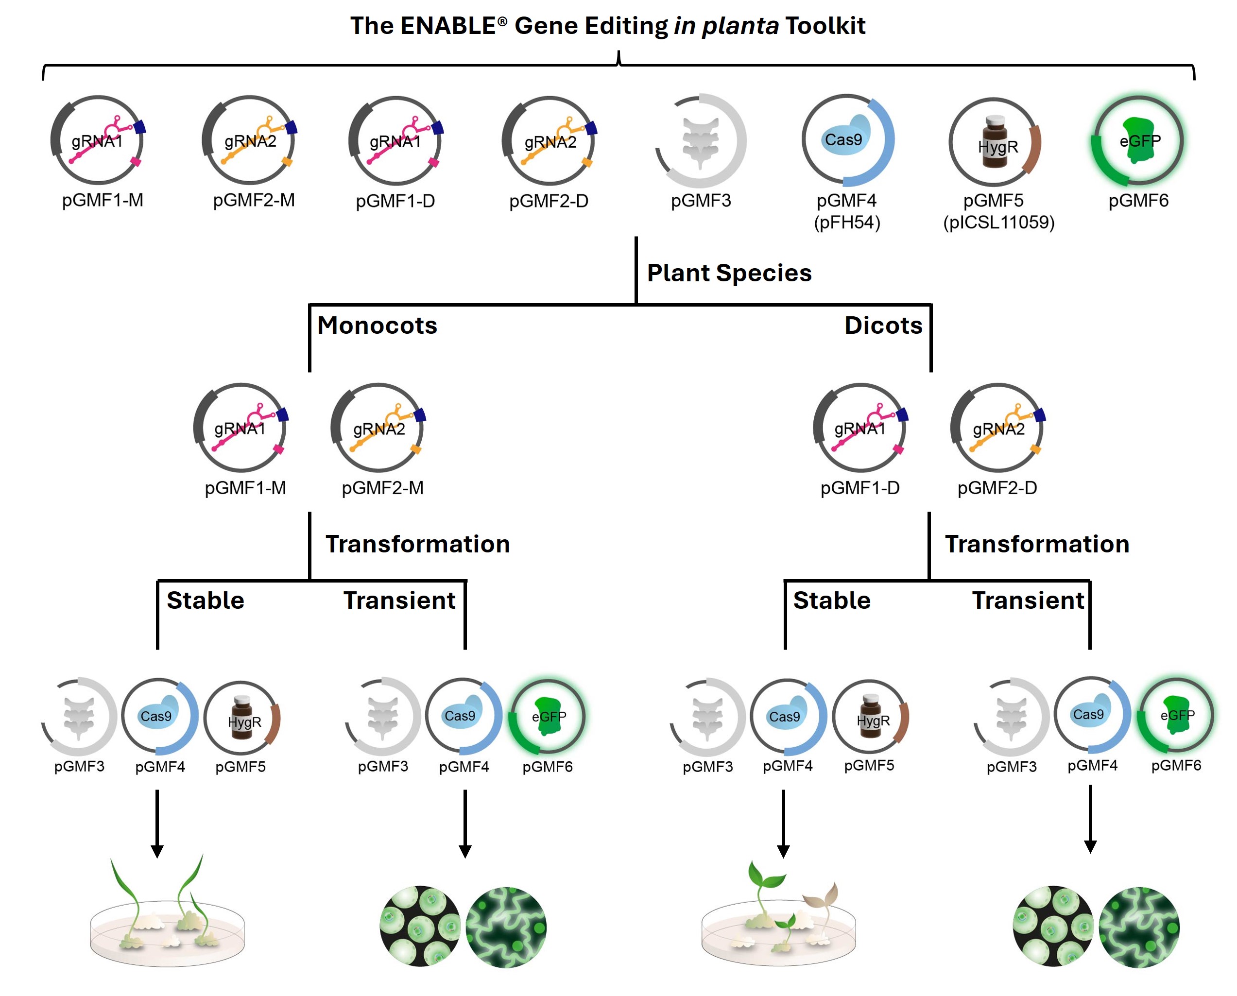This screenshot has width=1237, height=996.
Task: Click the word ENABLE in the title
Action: [447, 26]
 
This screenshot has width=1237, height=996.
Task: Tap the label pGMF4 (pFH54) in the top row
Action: [846, 211]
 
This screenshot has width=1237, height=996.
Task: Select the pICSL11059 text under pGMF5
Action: [998, 222]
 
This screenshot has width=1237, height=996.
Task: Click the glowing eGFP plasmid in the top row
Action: [1138, 140]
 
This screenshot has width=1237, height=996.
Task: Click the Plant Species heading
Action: [729, 273]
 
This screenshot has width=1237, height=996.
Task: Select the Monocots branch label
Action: [377, 326]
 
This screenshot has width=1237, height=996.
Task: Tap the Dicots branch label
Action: [883, 326]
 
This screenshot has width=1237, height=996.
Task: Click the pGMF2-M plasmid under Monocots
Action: [378, 428]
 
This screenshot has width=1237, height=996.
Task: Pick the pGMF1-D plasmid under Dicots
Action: [859, 428]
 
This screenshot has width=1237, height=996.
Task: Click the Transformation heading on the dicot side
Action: [1037, 544]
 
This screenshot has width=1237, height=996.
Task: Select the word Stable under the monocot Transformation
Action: [206, 600]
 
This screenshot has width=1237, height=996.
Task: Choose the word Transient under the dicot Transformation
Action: [1028, 600]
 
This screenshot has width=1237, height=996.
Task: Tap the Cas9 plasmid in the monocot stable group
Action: [159, 717]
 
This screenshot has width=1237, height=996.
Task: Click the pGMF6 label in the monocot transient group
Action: [548, 767]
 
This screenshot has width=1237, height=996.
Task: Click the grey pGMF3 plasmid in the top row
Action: [701, 140]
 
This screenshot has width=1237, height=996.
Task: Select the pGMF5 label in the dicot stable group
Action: [869, 765]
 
